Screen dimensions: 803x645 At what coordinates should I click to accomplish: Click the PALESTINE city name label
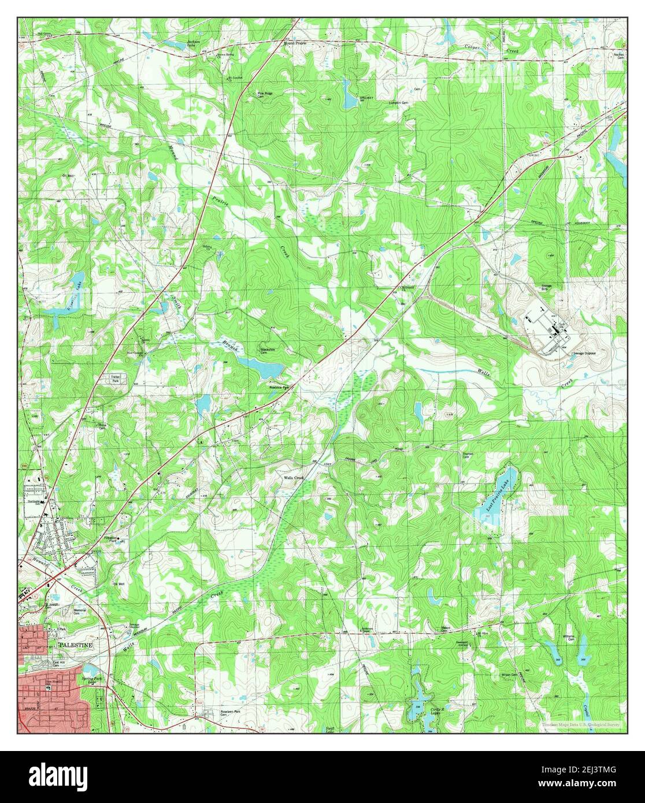76,644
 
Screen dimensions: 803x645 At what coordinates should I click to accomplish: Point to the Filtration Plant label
119,539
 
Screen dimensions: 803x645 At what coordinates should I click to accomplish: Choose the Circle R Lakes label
439,711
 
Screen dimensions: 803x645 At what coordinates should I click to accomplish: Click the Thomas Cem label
468,455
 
